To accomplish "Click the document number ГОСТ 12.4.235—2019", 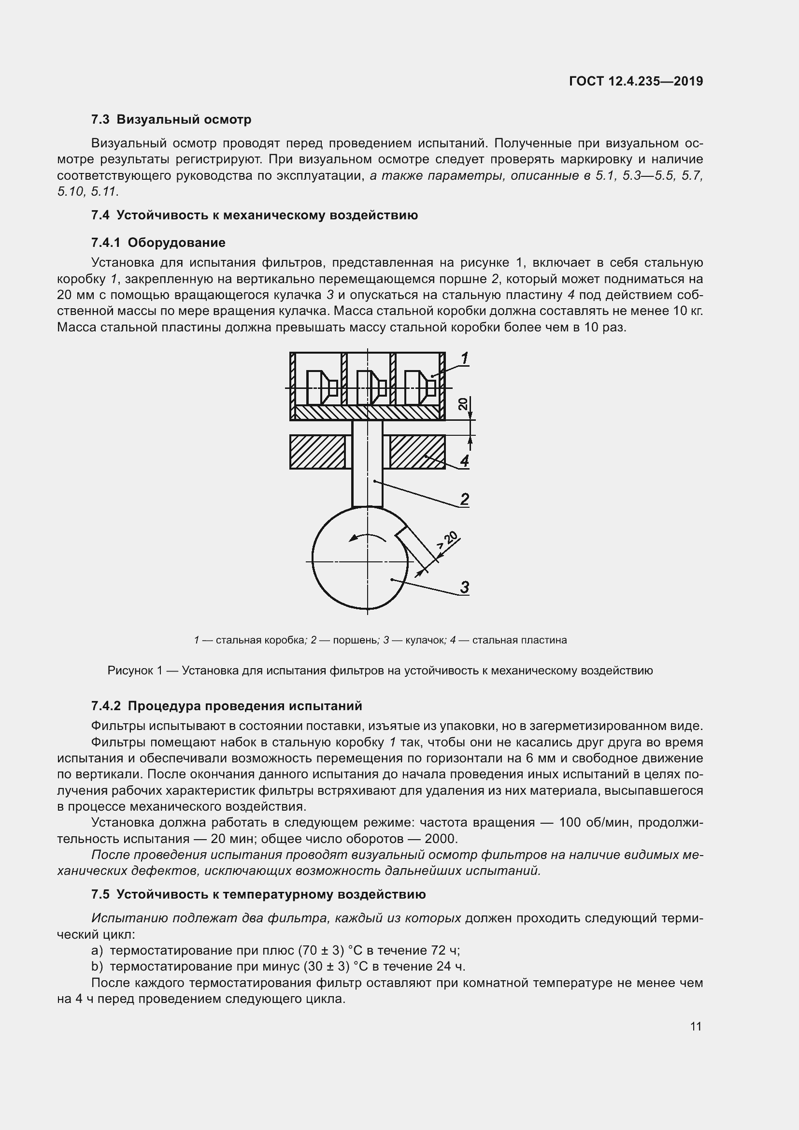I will click(x=636, y=81).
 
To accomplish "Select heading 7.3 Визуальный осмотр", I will click(x=171, y=119).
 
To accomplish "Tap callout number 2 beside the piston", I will click(x=464, y=499).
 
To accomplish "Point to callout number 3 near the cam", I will click(x=464, y=586).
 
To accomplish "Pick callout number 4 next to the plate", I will click(x=464, y=461).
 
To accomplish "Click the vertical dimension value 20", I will click(x=463, y=404).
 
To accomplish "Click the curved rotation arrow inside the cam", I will click(x=366, y=537).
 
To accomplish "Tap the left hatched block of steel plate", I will click(x=317, y=452).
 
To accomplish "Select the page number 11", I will click(x=696, y=1026).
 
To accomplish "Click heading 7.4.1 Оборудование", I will click(x=158, y=242).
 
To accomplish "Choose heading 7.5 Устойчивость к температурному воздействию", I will click(x=258, y=894).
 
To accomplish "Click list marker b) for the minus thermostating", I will click(x=97, y=966).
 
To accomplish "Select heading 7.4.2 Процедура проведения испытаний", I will click(x=226, y=706).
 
